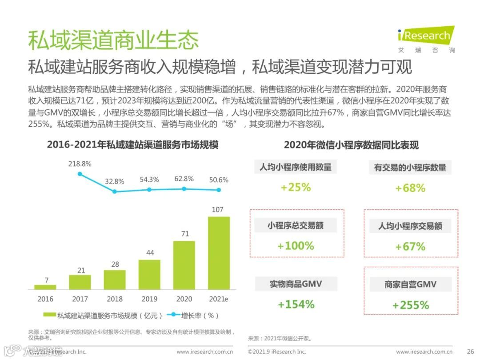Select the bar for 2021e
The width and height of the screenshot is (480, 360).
[x=219, y=253]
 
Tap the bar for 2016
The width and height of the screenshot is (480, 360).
[x=45, y=287]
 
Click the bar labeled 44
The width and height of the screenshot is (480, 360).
[x=149, y=274]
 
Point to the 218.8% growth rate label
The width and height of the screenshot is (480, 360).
[x=80, y=164]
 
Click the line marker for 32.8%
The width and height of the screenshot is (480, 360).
[x=115, y=192]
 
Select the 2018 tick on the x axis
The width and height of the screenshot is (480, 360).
[x=115, y=299]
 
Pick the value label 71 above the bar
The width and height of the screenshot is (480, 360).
[x=184, y=234]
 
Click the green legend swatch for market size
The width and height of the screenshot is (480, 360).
[x=49, y=315]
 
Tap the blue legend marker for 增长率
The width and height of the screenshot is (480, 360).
[x=173, y=315]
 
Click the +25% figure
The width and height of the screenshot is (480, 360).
[x=296, y=187]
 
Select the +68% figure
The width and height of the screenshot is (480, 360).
[x=410, y=188]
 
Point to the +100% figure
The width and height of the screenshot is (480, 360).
[x=296, y=246]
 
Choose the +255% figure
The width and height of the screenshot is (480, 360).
[x=411, y=305]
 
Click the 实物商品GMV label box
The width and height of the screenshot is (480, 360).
[x=296, y=284]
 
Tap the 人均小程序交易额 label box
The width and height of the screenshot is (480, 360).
[x=410, y=226]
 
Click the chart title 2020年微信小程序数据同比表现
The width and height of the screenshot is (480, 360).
[x=351, y=145]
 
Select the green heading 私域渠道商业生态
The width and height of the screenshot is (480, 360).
[x=113, y=40]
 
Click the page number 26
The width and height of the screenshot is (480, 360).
[x=470, y=352]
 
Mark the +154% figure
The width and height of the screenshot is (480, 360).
[x=296, y=304]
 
